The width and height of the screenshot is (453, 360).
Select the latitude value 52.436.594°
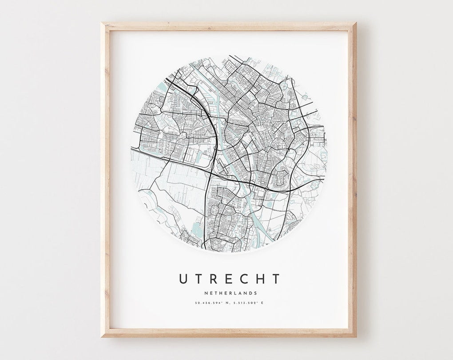(x=208, y=303)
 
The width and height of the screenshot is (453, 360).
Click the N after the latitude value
(x=228, y=303)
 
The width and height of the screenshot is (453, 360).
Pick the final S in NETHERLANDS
(x=255, y=293)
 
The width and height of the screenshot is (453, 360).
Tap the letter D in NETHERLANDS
(x=250, y=293)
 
